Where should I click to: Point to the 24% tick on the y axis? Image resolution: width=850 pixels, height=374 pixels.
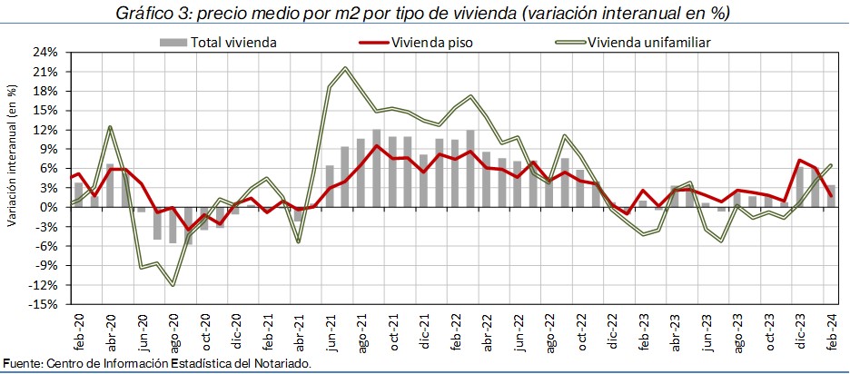[44, 52]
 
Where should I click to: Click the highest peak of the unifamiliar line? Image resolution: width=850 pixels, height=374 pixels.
[346, 68]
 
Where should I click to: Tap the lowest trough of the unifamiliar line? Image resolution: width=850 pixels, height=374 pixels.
[173, 285]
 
